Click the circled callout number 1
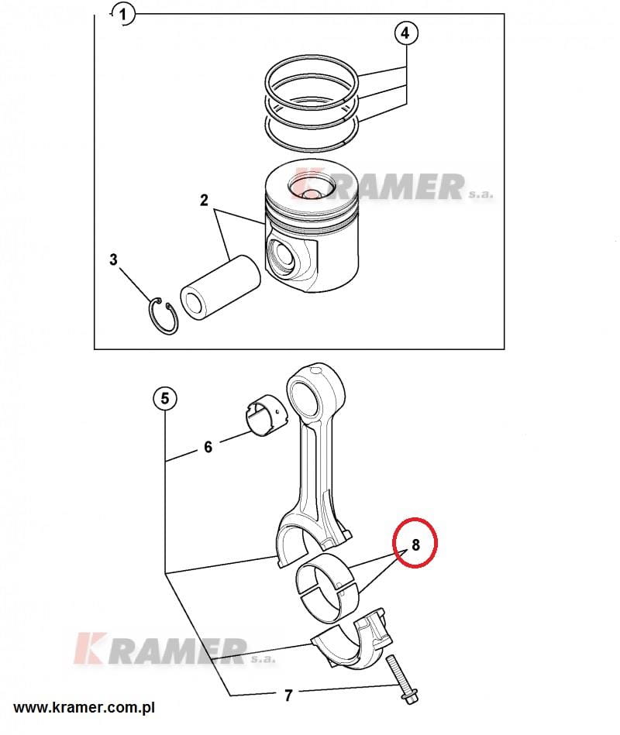pos(123,15)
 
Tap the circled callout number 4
pos(405,33)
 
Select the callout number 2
pos(204,200)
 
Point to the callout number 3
pos(113,259)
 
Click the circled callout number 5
pos(164,398)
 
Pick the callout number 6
pos(208,447)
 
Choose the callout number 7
pos(288,695)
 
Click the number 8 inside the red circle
pos(415,544)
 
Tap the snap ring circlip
pos(164,316)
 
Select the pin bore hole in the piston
pos(281,257)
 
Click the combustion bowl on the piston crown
pos(312,186)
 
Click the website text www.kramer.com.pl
pos(84,707)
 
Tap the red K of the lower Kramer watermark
pos(89,648)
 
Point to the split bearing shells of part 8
pos(327,589)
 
